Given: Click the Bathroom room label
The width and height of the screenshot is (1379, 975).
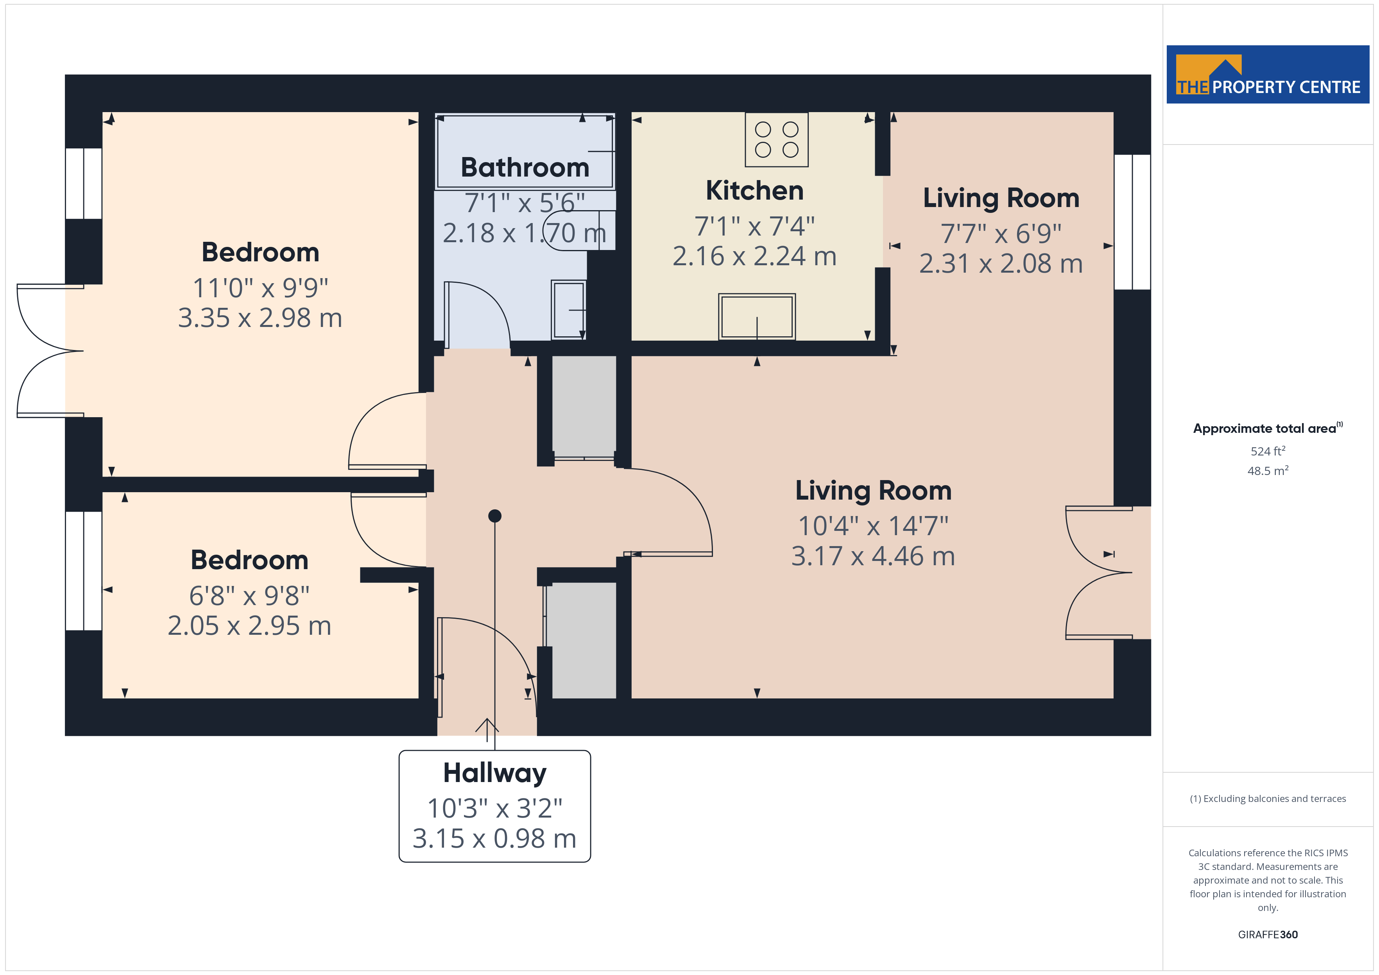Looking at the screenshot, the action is pos(525,168).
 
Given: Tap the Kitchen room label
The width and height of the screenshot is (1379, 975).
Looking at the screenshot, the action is pos(754,191).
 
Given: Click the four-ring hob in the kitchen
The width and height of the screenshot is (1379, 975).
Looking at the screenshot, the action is pos(777,139).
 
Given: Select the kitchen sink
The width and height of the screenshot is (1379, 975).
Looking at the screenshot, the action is pos(757,316).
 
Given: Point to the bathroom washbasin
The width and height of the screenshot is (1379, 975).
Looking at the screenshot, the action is pos(568,310).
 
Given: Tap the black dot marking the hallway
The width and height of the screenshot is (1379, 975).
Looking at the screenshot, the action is pos(495,516).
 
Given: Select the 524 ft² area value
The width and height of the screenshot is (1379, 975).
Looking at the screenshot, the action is pos(1268,451).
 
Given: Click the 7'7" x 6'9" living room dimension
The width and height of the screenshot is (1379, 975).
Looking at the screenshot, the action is pos(1001,234).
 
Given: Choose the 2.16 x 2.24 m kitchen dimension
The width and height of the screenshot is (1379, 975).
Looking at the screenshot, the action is pos(754,256).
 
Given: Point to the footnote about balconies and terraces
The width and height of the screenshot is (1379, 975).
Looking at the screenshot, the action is pos(1268,798).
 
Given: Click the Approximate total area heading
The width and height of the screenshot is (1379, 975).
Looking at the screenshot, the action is pos(1268,428).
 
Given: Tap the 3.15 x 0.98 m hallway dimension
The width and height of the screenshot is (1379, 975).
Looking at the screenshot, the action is pos(494,839).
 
